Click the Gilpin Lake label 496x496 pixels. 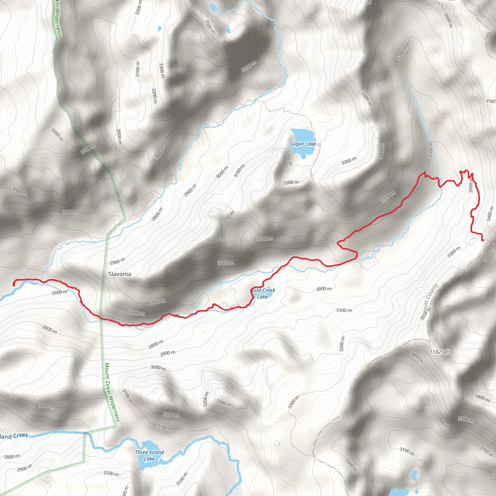pyautogui.click(x=303, y=144)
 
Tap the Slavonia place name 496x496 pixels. pyautogui.click(x=120, y=274)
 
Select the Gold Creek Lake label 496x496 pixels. pyautogui.click(x=262, y=294)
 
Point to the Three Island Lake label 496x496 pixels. pyautogui.click(x=149, y=456)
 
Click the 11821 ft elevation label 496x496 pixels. pyautogui.click(x=439, y=352)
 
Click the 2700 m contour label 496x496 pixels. pyautogui.click(x=113, y=318)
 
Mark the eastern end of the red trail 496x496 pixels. pyautogui.click(x=483, y=240)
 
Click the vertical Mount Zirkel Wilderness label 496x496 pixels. pyautogui.click(x=112, y=393)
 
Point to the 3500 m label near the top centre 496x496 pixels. pyautogui.click(x=210, y=26)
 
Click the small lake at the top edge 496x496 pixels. pyautogui.click(x=214, y=8)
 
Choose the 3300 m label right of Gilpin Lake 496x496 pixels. pyautogui.click(x=349, y=161)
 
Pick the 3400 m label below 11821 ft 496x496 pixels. pyautogui.click(x=416, y=358)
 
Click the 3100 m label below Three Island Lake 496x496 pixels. pyautogui.click(x=111, y=473)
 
